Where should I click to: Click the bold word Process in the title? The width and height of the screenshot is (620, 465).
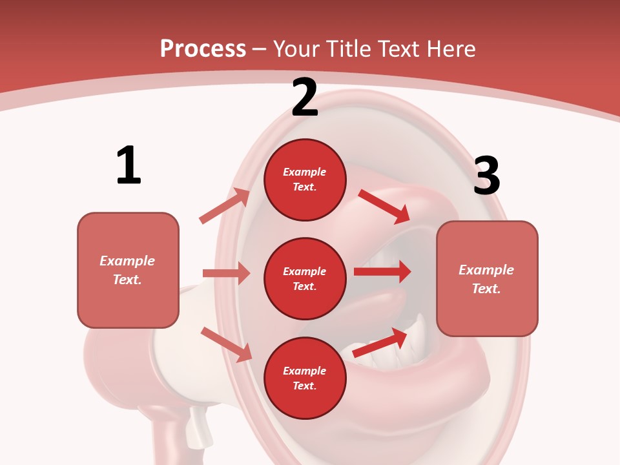point(203,49)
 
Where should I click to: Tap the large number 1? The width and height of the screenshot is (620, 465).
point(129,165)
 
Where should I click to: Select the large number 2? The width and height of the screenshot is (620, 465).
point(305,98)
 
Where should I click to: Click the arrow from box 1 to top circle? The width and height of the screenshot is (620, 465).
point(225,206)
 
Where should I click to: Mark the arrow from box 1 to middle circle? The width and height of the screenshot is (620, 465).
point(226,273)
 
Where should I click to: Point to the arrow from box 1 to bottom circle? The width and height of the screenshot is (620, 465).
point(227,344)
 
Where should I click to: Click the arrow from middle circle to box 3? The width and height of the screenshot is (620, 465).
point(382,272)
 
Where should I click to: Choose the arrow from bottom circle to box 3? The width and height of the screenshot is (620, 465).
point(380,343)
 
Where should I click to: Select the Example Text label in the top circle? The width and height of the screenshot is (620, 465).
point(305,179)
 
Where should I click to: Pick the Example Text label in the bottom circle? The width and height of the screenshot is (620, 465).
point(305,378)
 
